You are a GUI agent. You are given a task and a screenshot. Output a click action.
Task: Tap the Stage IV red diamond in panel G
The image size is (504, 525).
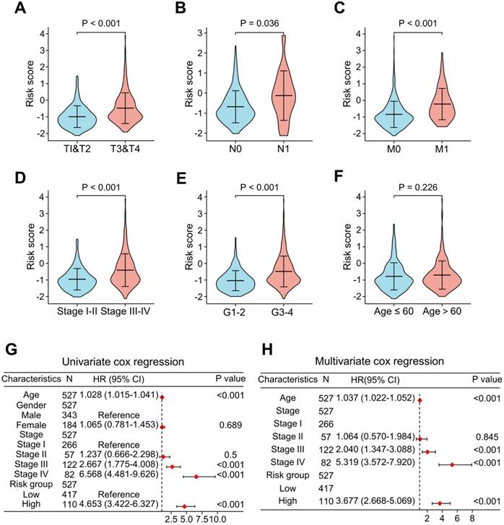click(x=196, y=477)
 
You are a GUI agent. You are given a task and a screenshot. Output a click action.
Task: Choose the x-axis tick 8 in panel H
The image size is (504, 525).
click(x=472, y=518)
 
